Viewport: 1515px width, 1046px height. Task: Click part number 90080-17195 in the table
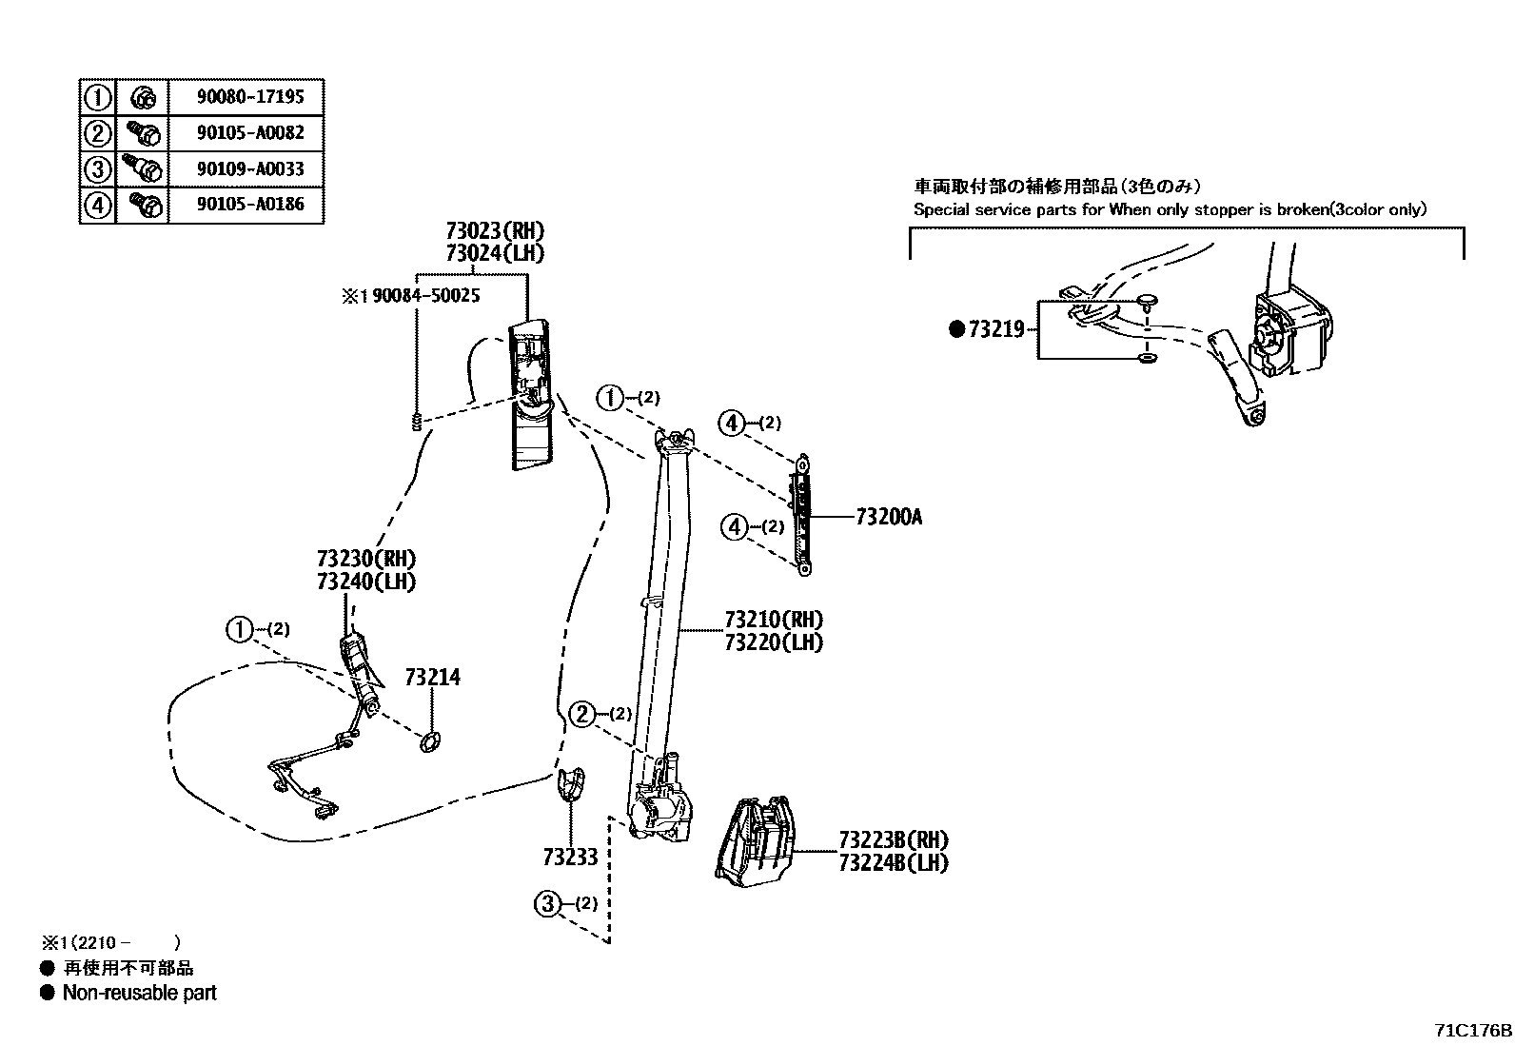(250, 96)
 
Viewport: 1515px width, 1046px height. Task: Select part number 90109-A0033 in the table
(250, 168)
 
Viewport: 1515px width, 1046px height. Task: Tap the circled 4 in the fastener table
(97, 205)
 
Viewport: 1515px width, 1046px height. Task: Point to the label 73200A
(888, 517)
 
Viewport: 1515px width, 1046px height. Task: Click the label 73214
(432, 677)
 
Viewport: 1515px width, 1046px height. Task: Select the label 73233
(570, 857)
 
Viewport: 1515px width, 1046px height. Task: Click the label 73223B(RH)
(894, 839)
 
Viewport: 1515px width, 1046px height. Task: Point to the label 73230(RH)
(366, 559)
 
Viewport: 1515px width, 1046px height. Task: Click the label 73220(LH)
(773, 641)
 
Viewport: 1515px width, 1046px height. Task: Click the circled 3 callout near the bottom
(548, 903)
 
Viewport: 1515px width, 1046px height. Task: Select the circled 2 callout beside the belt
(581, 714)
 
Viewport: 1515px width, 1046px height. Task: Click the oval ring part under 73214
(430, 741)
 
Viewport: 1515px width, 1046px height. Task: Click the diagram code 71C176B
(1473, 1030)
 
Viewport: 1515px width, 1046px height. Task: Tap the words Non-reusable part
(139, 993)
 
